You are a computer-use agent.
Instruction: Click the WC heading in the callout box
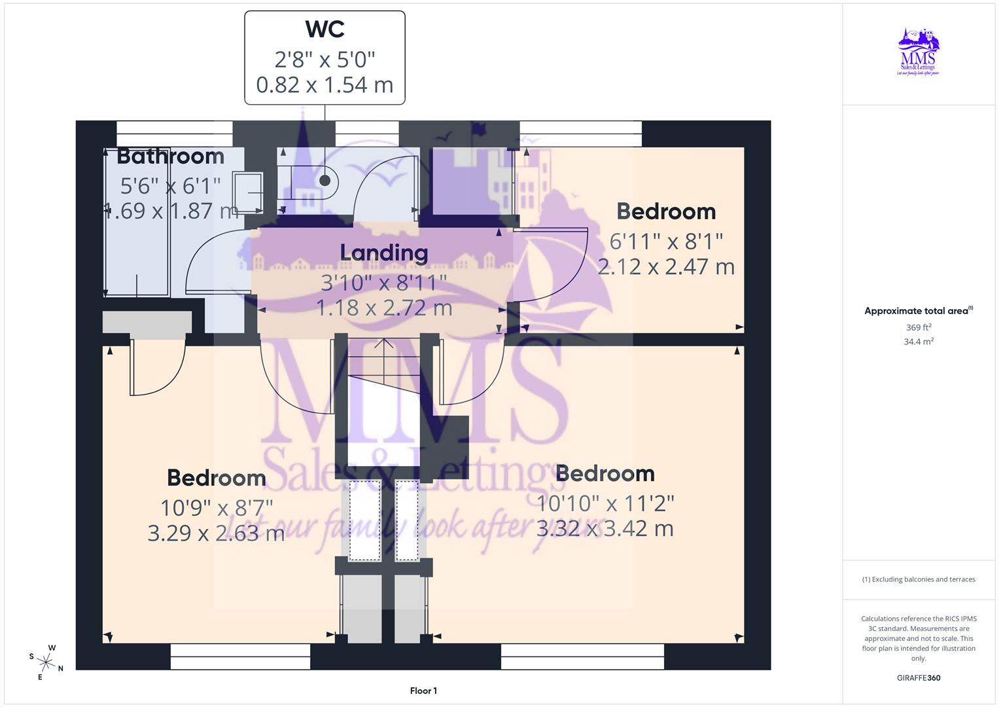(324, 29)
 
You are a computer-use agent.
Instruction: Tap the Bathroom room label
(171, 156)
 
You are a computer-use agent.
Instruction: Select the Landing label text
(384, 253)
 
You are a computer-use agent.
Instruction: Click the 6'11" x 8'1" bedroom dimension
(666, 242)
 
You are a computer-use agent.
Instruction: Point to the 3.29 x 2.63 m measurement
(216, 534)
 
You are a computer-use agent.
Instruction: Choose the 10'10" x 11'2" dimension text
(605, 503)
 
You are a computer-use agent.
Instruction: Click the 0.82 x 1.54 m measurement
(324, 85)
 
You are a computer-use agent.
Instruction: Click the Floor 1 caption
(423, 691)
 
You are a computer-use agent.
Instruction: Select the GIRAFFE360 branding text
(919, 678)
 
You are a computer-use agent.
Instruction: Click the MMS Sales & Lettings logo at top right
(919, 52)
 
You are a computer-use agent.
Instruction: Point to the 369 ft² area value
(919, 327)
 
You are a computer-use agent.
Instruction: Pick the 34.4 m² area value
(919, 342)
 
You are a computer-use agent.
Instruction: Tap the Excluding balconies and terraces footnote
(919, 579)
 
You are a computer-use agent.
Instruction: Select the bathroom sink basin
(248, 192)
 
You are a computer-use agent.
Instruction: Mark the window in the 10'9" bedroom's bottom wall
(240, 656)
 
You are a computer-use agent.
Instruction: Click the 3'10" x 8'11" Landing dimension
(384, 282)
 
